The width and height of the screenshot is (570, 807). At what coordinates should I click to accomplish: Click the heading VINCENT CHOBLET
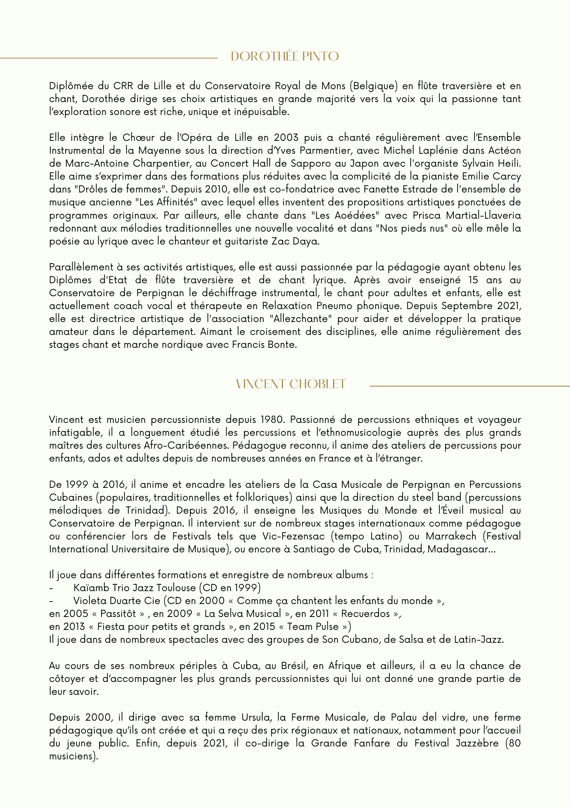[x=291, y=384]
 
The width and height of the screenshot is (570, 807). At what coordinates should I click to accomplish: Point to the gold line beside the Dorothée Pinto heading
[x=109, y=58]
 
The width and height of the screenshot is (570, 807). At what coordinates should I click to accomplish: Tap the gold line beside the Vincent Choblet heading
[x=470, y=386]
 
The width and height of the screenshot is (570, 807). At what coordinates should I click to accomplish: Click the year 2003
[x=286, y=138]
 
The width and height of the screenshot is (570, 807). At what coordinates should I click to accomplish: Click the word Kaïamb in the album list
[x=89, y=588]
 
